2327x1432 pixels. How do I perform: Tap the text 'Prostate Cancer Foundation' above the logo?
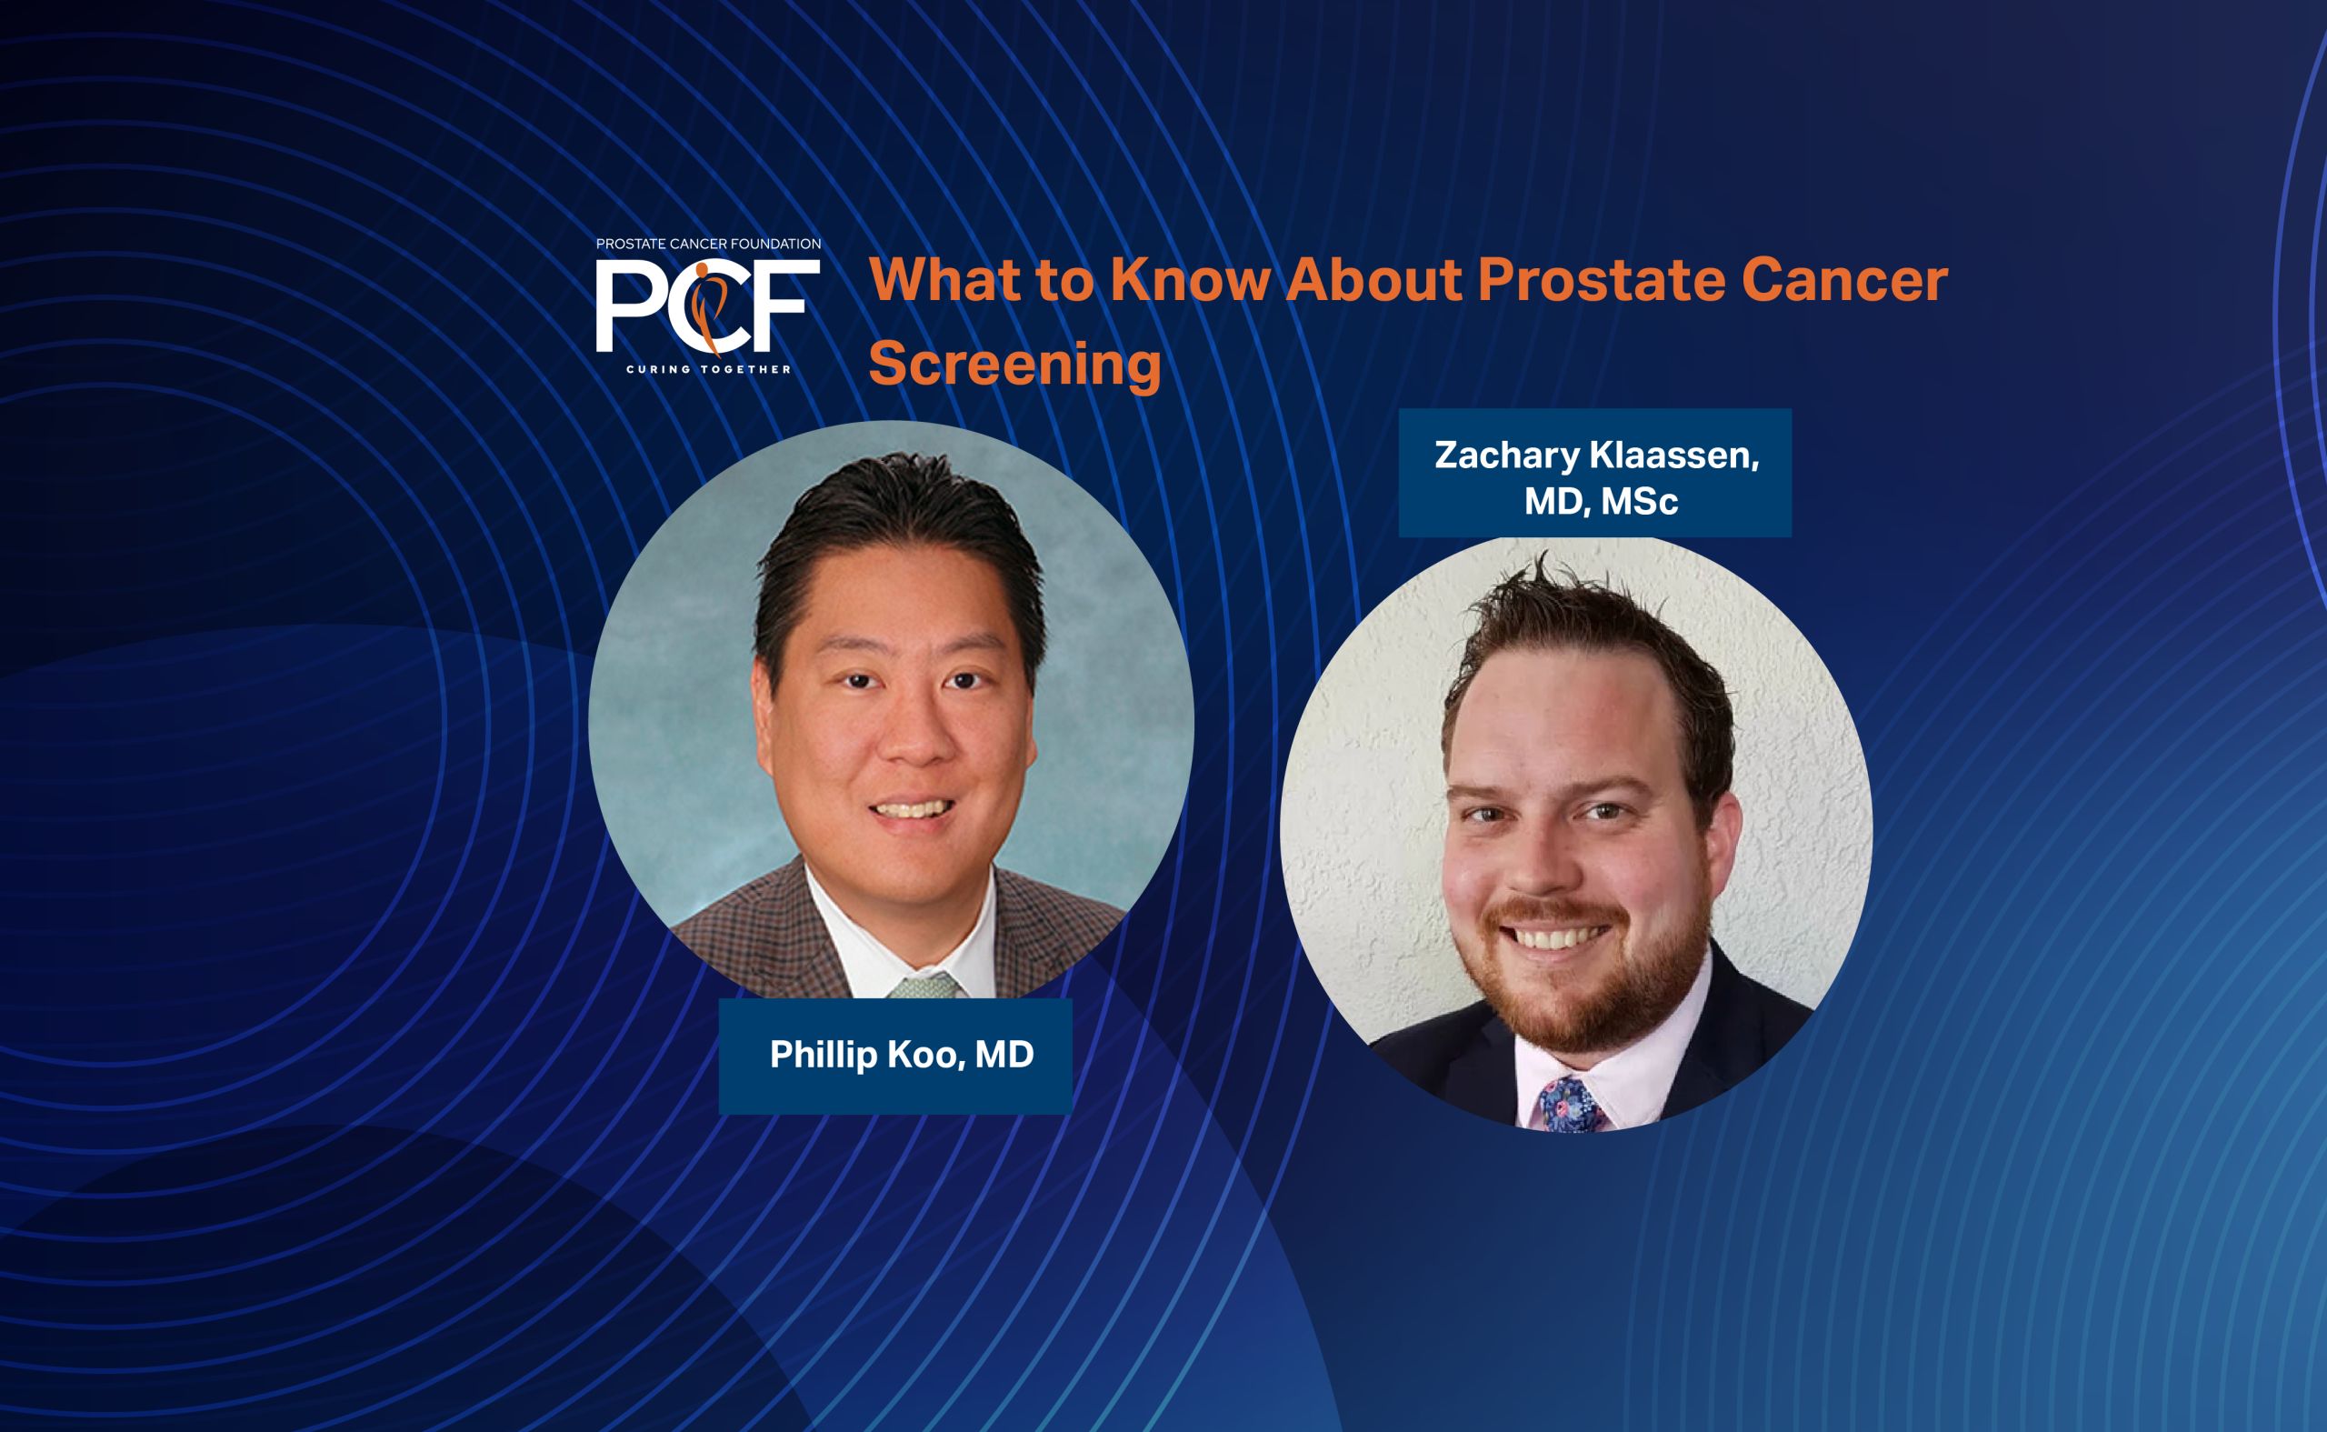(708, 244)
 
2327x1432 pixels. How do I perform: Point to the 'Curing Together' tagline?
(708, 368)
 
